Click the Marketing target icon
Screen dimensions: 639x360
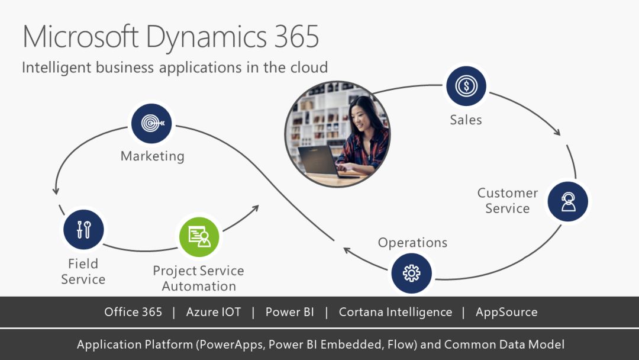151,123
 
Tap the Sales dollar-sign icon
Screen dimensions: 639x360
466,86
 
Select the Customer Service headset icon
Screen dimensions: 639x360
568,201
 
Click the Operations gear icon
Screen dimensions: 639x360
411,273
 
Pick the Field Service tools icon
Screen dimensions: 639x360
83,229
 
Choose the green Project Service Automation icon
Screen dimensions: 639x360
199,236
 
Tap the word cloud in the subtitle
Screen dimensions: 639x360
308,67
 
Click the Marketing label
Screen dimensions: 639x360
153,156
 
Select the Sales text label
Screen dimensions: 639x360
466,120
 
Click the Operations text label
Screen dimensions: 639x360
412,243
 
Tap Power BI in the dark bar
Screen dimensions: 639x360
289,312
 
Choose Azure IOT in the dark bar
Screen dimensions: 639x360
214,312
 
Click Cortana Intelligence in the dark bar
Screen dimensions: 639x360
395,312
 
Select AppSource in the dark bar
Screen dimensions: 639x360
506,312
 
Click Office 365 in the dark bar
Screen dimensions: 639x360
133,312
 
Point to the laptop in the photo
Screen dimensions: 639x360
319,161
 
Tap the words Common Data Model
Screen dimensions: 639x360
504,345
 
